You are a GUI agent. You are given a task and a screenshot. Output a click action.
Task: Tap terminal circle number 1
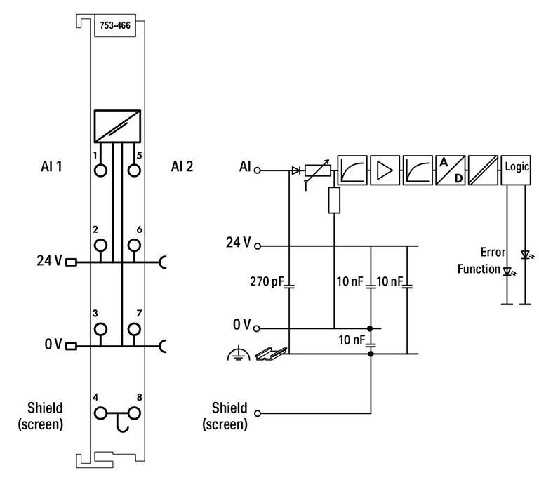coord(100,169)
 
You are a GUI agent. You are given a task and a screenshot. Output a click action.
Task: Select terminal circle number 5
coord(133,169)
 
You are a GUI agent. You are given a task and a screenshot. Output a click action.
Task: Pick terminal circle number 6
coord(133,245)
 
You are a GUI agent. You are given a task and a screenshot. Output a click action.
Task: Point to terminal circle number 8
coord(133,413)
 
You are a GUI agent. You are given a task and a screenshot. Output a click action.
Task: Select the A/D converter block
coord(450,169)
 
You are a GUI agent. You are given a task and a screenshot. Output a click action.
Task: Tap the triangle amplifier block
coord(385,169)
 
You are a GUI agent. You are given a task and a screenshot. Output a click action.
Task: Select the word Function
coord(479,269)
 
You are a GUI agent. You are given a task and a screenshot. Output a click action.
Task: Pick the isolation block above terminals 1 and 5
coord(117,126)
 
